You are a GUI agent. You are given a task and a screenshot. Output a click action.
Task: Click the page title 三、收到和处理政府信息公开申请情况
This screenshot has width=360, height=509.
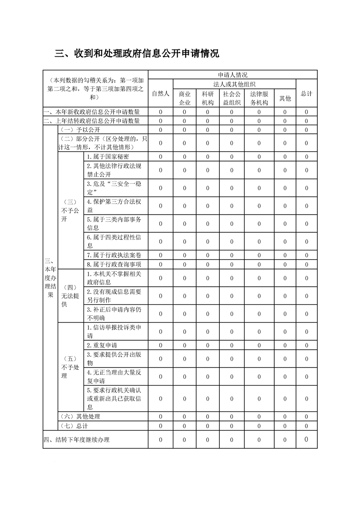[x=137, y=54]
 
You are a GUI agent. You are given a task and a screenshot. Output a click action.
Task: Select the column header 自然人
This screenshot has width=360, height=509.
[x=160, y=93]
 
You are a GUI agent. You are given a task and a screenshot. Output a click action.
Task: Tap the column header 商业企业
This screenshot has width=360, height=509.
[x=184, y=98]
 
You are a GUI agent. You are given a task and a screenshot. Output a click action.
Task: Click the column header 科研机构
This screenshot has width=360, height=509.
[x=207, y=98]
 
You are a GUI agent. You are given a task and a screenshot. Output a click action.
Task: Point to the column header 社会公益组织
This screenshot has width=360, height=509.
[x=232, y=98]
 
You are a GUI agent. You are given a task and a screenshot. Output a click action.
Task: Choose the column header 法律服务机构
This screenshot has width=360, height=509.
[x=259, y=98]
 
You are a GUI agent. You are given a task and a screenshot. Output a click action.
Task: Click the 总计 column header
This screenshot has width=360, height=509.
[x=306, y=93]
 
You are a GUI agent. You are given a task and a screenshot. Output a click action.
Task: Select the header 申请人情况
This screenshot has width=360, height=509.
[x=232, y=75]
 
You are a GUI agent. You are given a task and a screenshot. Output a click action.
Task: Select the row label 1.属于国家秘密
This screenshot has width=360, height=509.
[x=108, y=157]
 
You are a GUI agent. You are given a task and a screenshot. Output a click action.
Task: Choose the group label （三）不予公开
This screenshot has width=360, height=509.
[x=70, y=210]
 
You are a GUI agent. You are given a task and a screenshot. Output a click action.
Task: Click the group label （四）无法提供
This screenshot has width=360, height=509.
[x=70, y=295]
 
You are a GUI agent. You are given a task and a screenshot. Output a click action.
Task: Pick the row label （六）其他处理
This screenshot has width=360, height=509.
[x=80, y=416]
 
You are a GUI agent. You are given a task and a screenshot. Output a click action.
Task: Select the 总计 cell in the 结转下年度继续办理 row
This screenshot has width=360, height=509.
[x=306, y=439]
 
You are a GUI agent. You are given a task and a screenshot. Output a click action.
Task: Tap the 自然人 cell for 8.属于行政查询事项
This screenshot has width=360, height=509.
[x=160, y=264]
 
